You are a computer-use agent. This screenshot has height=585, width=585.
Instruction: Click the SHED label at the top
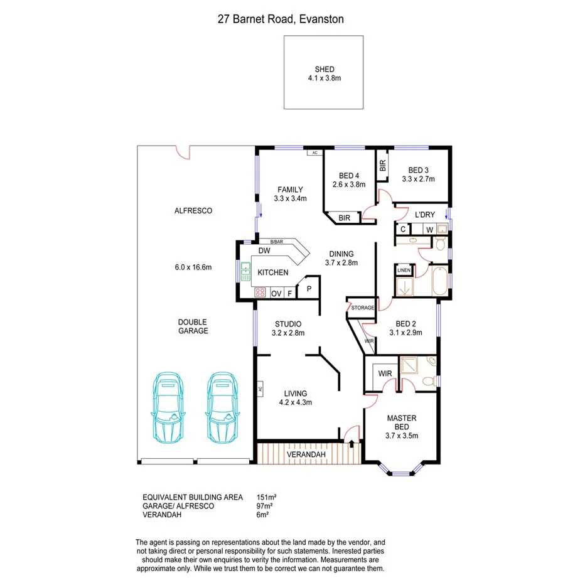(325, 70)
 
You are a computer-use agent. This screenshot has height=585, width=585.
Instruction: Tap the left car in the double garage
(168, 407)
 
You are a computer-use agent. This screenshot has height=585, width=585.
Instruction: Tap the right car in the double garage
(221, 407)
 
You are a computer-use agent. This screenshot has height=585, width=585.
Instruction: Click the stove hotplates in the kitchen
(260, 292)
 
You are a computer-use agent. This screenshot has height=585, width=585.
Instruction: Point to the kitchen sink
(244, 272)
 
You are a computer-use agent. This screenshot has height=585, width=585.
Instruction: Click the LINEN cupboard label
(404, 271)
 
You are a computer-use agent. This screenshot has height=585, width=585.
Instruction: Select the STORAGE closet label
(363, 308)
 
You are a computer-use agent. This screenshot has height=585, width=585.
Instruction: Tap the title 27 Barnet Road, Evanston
(281, 19)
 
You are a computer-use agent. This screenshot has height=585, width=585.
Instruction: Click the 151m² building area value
(267, 497)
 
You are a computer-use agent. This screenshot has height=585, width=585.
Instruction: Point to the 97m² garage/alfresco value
(265, 506)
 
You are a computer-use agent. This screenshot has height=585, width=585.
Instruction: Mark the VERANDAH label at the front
(306, 454)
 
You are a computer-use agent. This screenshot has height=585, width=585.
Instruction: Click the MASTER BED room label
(402, 418)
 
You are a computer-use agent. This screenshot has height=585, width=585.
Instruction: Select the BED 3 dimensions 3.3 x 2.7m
(418, 179)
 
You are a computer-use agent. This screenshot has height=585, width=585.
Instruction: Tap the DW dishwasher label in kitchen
(264, 250)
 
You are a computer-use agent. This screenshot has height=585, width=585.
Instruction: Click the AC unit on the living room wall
(259, 389)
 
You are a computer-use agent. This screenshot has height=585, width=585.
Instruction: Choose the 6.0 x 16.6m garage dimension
(193, 267)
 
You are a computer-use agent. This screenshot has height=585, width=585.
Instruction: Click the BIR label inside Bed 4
(344, 218)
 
